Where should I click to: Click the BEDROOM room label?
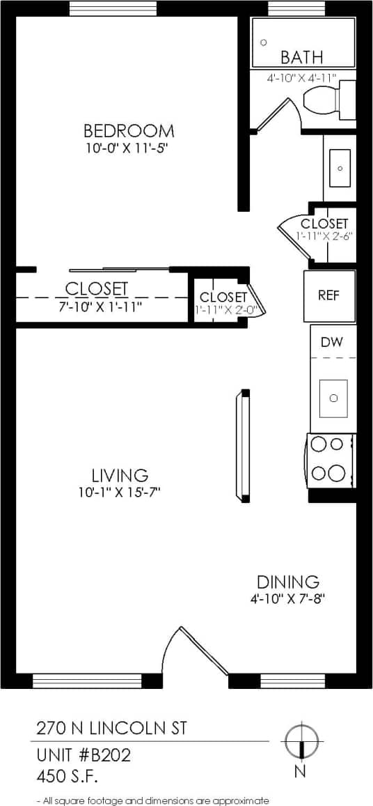point(129,130)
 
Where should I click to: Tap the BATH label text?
point(301,57)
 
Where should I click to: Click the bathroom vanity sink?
point(340,168)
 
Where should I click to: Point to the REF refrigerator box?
point(329,295)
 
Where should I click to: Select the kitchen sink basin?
point(333,398)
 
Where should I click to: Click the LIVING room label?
point(120,475)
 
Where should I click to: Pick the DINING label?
point(287,582)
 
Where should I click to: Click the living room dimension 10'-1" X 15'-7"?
point(120,493)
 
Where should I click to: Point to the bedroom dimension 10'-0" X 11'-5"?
point(128,148)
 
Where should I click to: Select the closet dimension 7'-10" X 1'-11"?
point(97,305)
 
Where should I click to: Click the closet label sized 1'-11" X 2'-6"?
point(324,224)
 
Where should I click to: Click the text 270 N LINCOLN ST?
point(111,729)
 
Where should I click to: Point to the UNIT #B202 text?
point(84,755)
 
